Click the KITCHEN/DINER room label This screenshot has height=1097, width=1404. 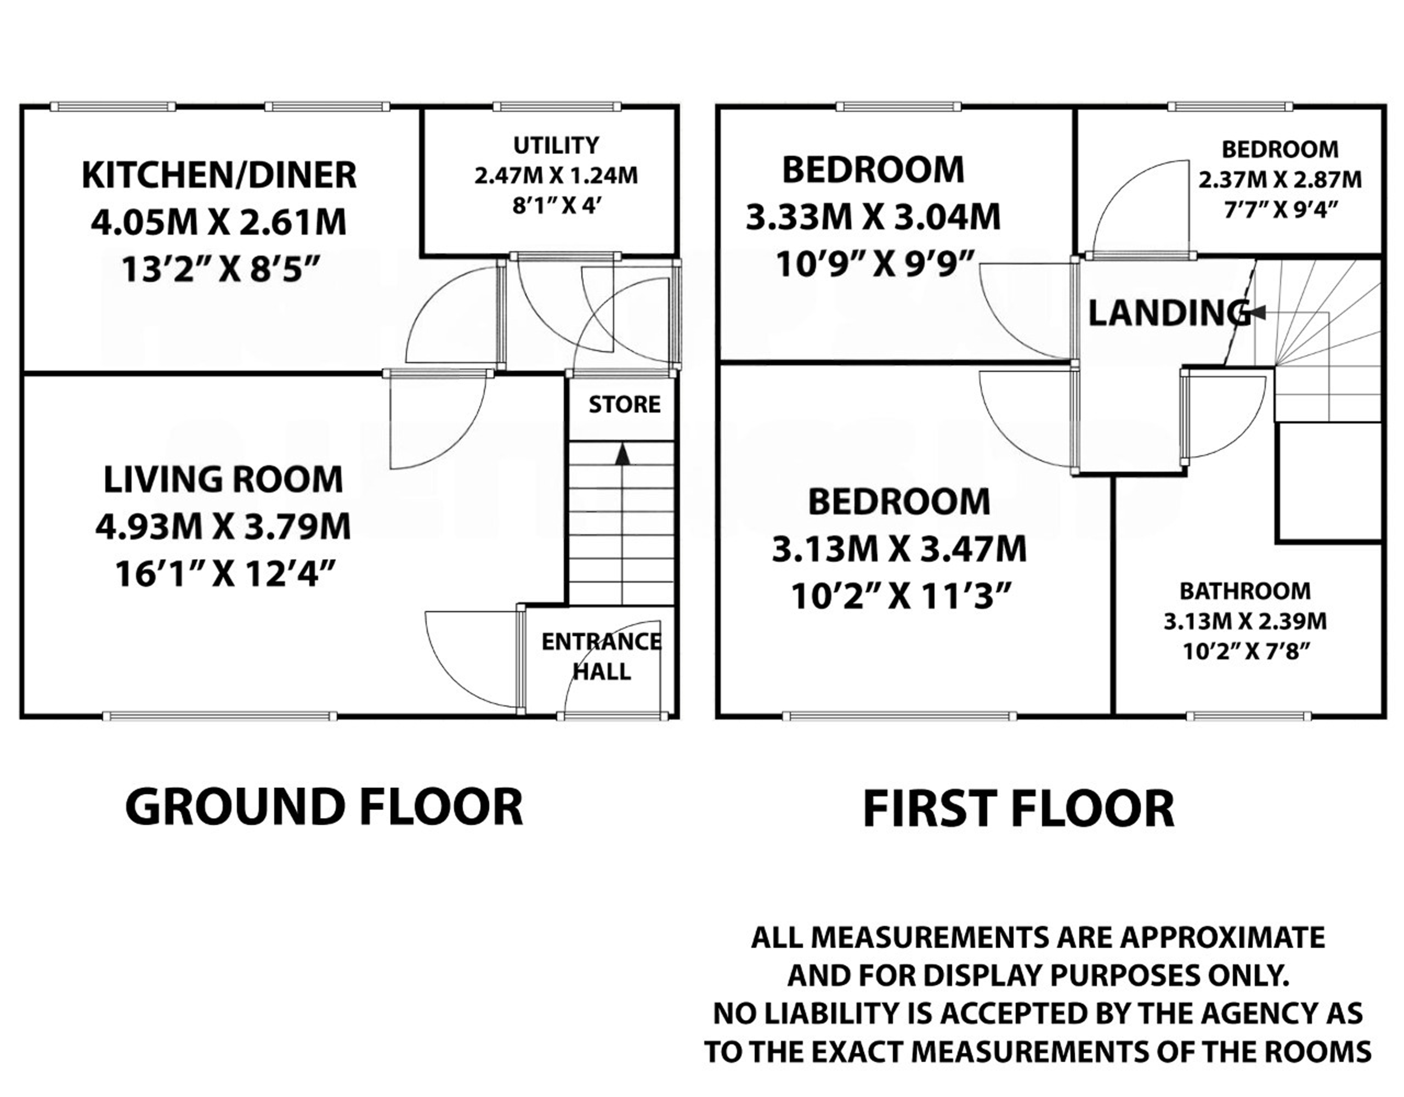(219, 175)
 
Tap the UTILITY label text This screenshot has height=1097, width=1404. (556, 145)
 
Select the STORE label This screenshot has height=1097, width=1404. (624, 404)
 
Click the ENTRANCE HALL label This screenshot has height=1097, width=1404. (601, 657)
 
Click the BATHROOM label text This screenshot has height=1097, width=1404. (1244, 591)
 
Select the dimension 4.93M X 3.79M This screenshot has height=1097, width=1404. (223, 527)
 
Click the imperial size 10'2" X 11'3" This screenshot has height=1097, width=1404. (898, 597)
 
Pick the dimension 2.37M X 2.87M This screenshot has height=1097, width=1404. (1280, 179)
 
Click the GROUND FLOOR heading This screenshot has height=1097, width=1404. (324, 807)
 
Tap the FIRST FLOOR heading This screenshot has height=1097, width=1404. (1018, 810)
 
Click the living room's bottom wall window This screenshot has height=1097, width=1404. (220, 716)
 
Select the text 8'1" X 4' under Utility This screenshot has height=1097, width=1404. (556, 207)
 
